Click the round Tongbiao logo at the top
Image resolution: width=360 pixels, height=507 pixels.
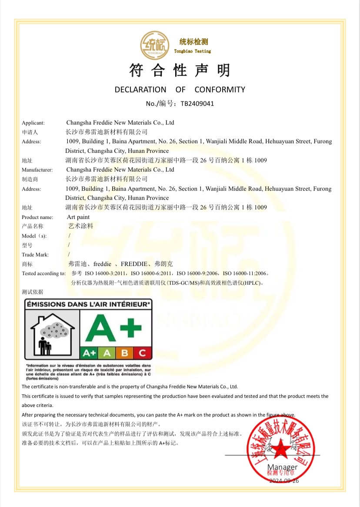point(156,45)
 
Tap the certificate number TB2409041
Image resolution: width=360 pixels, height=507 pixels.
point(197,104)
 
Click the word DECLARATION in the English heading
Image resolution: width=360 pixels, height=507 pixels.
point(140,90)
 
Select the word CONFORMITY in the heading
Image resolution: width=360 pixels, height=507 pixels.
point(220,90)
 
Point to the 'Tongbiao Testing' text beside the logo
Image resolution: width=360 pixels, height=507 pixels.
point(192,51)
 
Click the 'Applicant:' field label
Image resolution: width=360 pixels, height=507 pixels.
point(33,123)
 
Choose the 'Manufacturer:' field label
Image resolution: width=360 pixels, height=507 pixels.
point(37,170)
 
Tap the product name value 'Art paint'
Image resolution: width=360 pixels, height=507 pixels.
point(78,217)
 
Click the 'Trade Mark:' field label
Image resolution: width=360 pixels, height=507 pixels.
point(35,255)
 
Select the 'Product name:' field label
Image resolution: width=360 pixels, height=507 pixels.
point(37,217)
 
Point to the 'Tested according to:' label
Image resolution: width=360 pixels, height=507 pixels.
point(43,273)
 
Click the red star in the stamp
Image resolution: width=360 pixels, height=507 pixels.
point(280,450)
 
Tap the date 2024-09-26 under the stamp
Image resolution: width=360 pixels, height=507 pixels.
point(284,480)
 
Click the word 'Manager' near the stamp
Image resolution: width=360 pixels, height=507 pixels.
point(283,467)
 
